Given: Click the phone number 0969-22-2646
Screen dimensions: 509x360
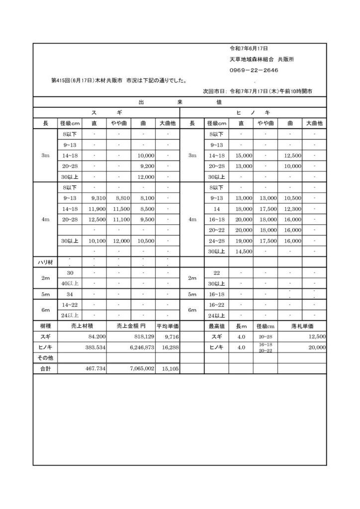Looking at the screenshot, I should (x=253, y=71).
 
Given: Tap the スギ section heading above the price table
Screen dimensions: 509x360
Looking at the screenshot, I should (x=106, y=113).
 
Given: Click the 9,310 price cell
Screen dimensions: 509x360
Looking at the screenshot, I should (x=98, y=198).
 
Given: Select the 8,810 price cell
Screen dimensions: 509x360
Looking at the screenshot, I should (x=122, y=198).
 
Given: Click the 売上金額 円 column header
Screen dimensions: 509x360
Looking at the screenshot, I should (x=130, y=326).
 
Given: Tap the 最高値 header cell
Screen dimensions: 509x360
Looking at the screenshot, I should (x=217, y=326).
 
